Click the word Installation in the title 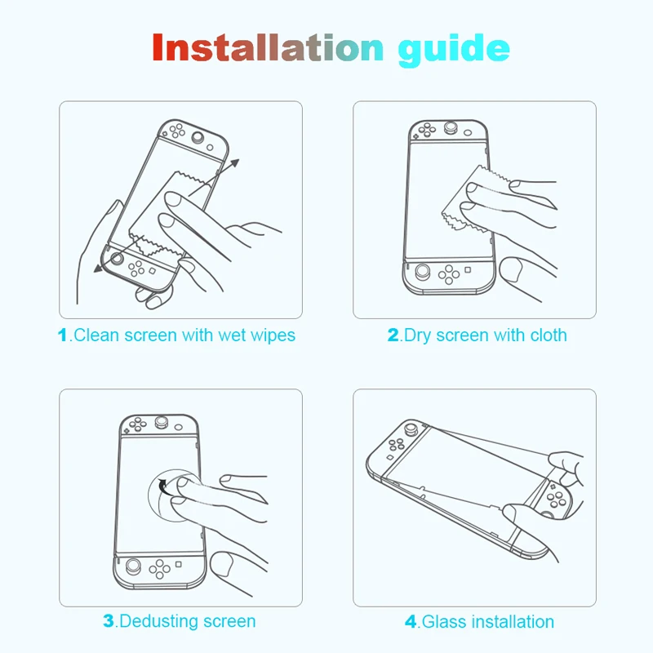(x=268, y=47)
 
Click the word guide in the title (x=454, y=50)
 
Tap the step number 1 (x=63, y=335)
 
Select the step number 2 (x=393, y=335)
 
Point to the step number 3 (x=109, y=621)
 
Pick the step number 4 (x=411, y=622)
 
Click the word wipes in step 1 (x=273, y=336)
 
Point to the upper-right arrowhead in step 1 (x=234, y=162)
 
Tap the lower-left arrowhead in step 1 (x=99, y=269)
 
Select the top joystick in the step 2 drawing (x=450, y=127)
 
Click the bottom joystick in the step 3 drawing (x=133, y=566)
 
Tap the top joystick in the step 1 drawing (x=198, y=137)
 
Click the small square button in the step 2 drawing (x=468, y=270)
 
